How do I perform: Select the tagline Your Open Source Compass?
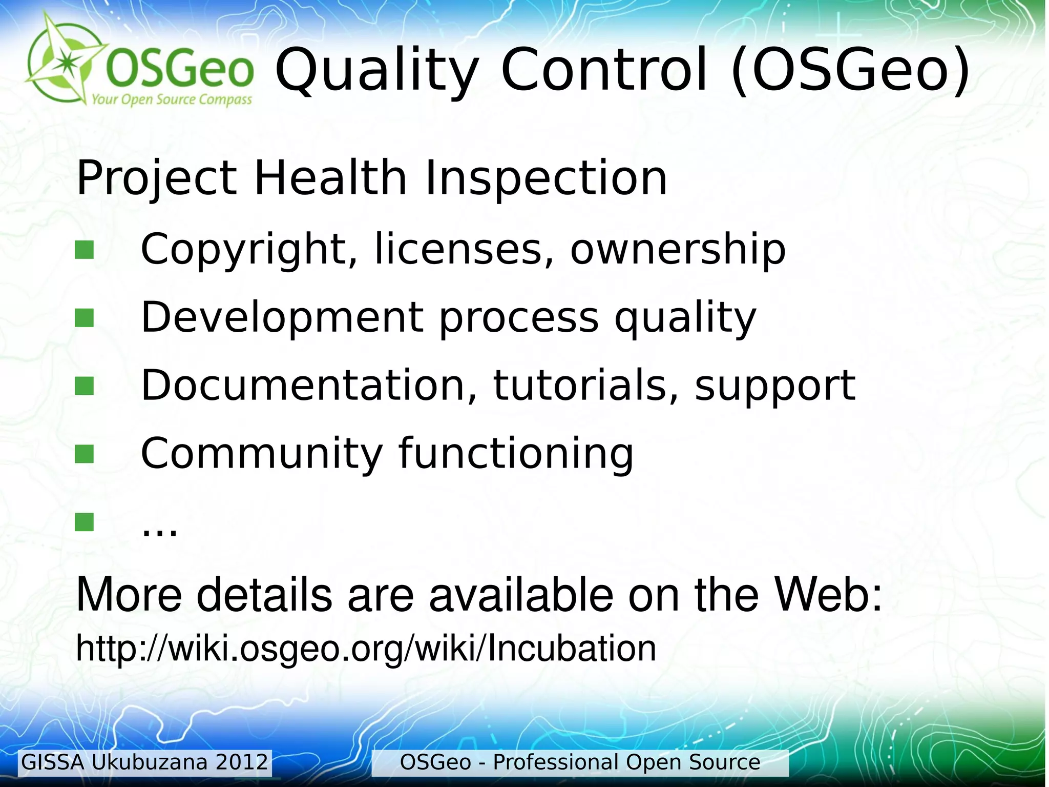pyautogui.click(x=172, y=99)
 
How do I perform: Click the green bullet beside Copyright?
pyautogui.click(x=85, y=250)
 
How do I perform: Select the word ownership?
pyautogui.click(x=677, y=249)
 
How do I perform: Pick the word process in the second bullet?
pyautogui.click(x=519, y=318)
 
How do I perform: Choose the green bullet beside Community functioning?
pyautogui.click(x=85, y=453)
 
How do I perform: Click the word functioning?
pyautogui.click(x=516, y=453)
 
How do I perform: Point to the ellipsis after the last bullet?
pyautogui.click(x=160, y=528)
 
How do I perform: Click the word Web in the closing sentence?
pyautogui.click(x=827, y=595)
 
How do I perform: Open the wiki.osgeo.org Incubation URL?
pyautogui.click(x=366, y=649)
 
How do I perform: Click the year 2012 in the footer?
pyautogui.click(x=242, y=762)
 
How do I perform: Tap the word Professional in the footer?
pyautogui.click(x=555, y=762)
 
